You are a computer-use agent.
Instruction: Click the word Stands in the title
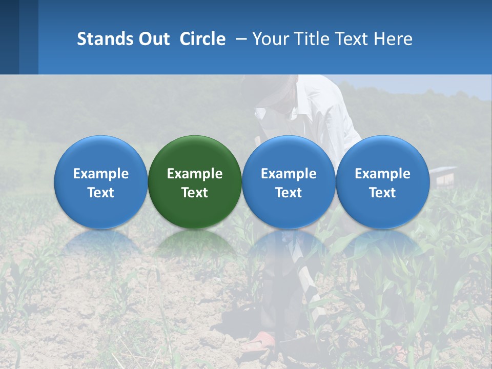(x=101, y=39)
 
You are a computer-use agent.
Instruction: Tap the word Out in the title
(x=153, y=39)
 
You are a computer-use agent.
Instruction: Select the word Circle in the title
(x=202, y=39)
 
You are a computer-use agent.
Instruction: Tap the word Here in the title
(x=393, y=39)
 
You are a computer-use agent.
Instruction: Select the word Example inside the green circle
(x=195, y=174)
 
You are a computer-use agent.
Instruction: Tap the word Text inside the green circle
(x=195, y=193)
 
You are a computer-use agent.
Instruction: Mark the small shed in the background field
(x=443, y=175)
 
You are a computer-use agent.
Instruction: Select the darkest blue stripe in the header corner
(x=9, y=37)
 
